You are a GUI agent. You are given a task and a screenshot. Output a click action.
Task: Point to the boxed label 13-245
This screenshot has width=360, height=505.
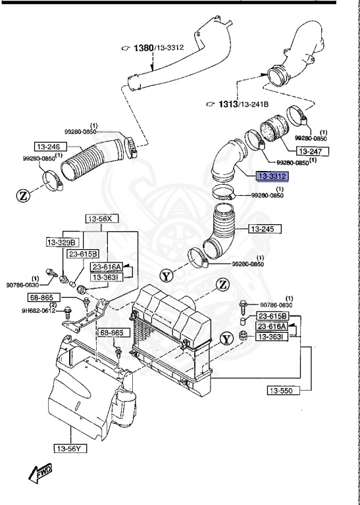pos(265,229)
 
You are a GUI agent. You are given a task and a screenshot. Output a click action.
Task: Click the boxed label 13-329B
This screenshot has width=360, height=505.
pos(62,242)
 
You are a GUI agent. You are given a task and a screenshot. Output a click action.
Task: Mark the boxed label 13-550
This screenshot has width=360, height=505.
pos(284,391)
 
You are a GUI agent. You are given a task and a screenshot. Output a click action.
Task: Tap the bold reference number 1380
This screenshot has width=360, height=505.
pos(144,48)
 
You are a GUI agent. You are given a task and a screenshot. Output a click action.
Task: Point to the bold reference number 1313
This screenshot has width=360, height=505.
pos(227,103)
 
